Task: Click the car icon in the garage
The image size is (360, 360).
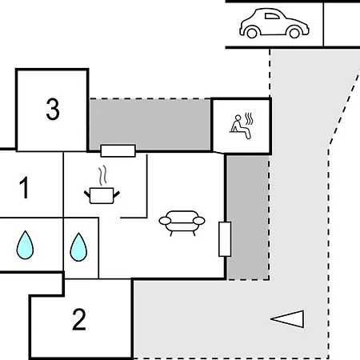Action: click(274, 23)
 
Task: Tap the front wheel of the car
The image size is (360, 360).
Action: click(294, 33)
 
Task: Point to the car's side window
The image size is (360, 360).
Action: click(272, 16)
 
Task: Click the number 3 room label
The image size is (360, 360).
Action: click(53, 109)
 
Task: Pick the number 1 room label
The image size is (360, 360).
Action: click(24, 188)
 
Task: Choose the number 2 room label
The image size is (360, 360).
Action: click(79, 319)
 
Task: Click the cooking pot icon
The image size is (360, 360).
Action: click(102, 195)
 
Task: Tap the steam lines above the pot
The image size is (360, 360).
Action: click(102, 175)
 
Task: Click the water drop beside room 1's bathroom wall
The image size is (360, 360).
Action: click(25, 245)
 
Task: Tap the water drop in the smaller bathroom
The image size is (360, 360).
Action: click(78, 247)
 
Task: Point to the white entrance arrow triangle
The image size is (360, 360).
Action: click(287, 318)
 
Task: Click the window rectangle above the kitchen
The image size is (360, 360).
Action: click(118, 150)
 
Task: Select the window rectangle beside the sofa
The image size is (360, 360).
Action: click(225, 239)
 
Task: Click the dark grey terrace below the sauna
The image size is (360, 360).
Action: click(248, 218)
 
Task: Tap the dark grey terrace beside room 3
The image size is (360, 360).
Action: click(150, 124)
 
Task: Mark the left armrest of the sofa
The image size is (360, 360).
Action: click(166, 221)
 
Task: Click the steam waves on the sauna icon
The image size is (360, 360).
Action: click(249, 119)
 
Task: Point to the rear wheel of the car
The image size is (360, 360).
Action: click(252, 33)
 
